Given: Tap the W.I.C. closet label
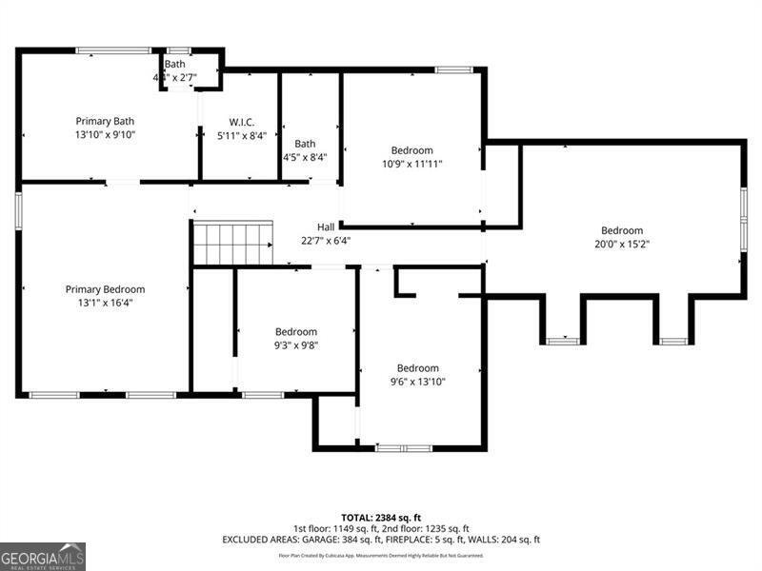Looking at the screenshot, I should point(241,121).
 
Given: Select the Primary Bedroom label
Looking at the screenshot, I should point(105,289).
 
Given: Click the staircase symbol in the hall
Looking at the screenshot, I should point(233,243).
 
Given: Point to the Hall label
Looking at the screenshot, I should point(326,227).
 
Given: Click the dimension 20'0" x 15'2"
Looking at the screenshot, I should point(621,244).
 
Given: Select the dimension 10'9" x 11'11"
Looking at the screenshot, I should point(411,164).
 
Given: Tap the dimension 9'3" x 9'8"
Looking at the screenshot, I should point(295,345).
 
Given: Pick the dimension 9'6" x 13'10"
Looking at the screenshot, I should point(417,382).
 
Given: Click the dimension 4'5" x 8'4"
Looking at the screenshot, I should point(305,157).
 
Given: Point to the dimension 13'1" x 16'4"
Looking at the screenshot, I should point(105,304).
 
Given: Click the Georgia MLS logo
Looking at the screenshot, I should point(43,556).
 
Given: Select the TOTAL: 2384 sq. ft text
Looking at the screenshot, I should point(381,517).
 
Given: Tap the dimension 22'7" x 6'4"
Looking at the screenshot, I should point(326,241).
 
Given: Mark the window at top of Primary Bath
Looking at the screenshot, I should point(113,50).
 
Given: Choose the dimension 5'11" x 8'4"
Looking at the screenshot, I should point(241,135).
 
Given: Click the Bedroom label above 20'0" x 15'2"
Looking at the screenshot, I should point(621,230).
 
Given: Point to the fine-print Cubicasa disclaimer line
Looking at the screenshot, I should point(381,555).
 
